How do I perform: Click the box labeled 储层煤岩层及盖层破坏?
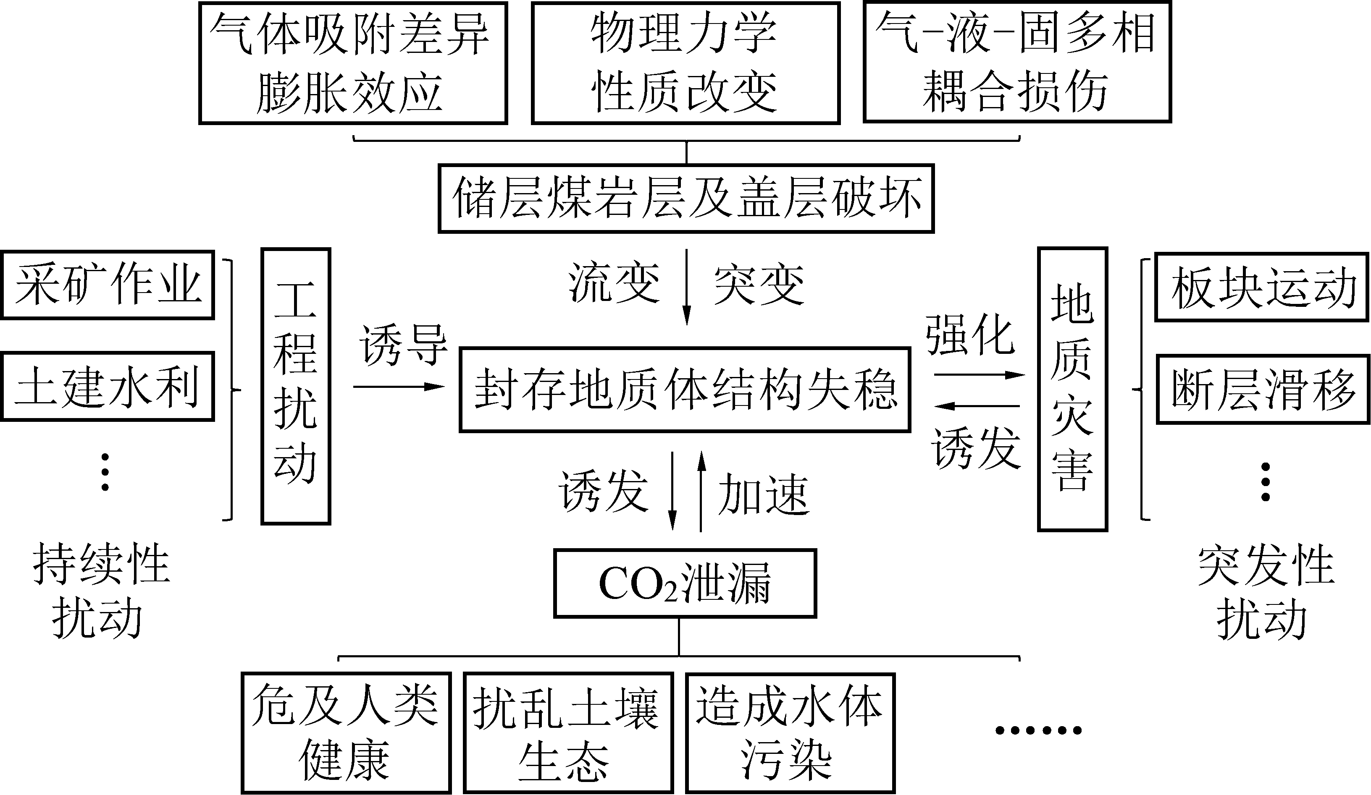coord(685,199)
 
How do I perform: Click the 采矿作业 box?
coord(107,285)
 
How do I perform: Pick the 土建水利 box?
coord(107,386)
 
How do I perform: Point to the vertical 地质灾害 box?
coord(1072,389)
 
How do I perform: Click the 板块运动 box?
coord(1261,287)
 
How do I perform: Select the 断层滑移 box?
coord(1262,389)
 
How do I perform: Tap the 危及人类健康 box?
coord(346,732)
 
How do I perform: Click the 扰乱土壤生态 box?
coord(568,732)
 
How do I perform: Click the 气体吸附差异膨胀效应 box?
coord(352,63)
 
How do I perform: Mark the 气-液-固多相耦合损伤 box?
coord(1016,62)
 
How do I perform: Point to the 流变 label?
coord(614,283)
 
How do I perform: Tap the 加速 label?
coord(763,494)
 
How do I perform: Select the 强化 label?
coord(971,335)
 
